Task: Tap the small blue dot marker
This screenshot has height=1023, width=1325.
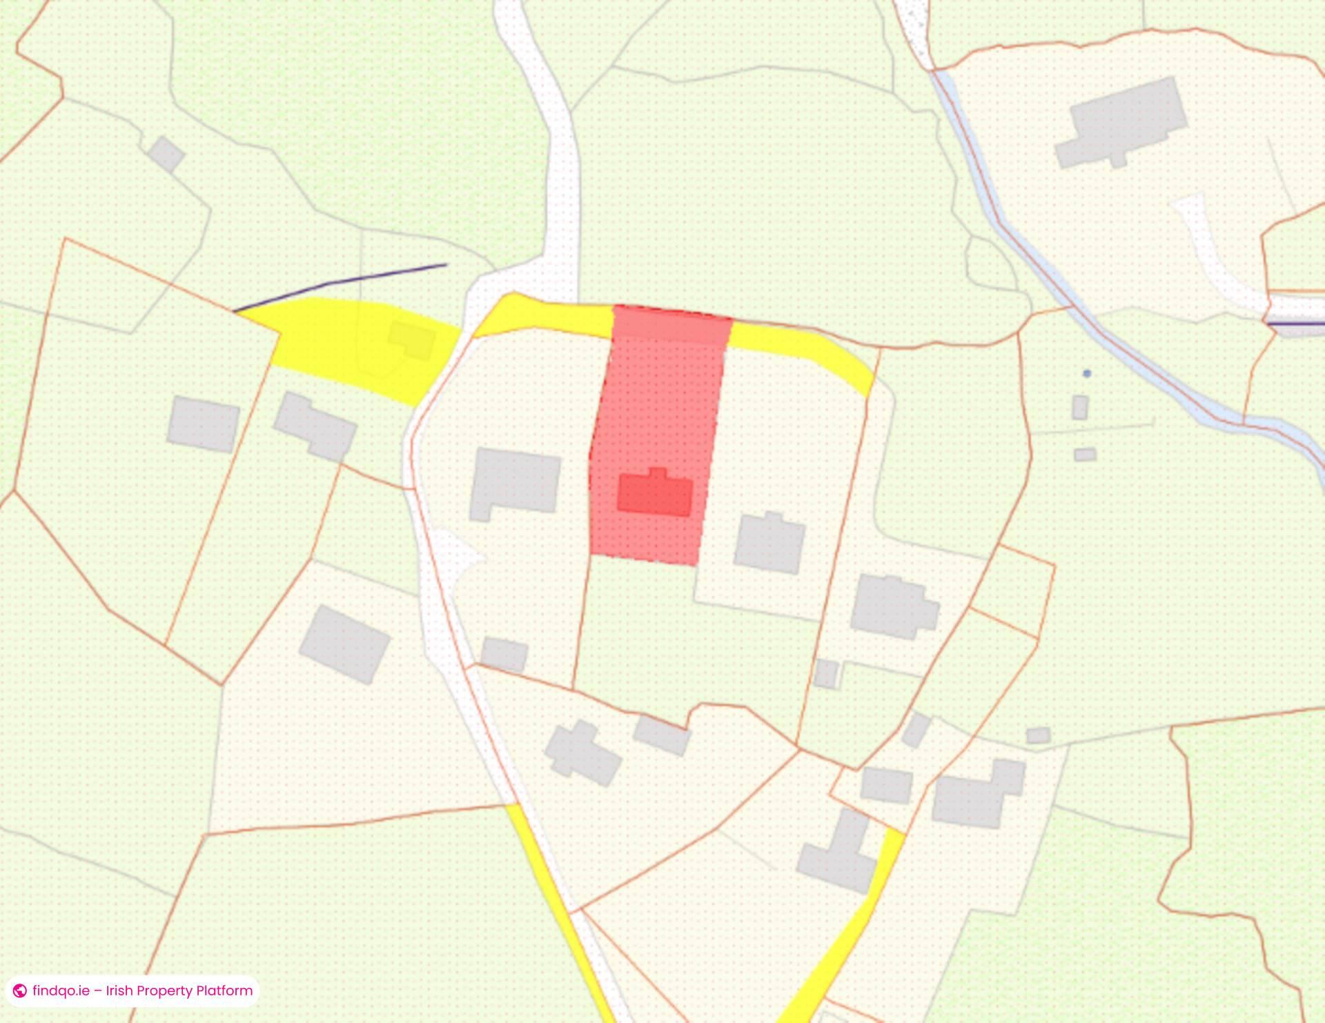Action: (1087, 373)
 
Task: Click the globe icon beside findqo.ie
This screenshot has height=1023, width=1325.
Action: (20, 991)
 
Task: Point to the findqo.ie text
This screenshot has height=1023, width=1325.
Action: (61, 991)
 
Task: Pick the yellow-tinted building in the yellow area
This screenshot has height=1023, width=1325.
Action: (411, 340)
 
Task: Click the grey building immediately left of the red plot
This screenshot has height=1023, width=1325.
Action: (515, 483)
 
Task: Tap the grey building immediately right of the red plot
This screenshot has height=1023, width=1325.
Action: (769, 542)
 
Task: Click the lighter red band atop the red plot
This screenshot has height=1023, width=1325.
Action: (671, 324)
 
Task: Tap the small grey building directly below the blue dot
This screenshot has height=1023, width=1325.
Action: (1080, 407)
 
